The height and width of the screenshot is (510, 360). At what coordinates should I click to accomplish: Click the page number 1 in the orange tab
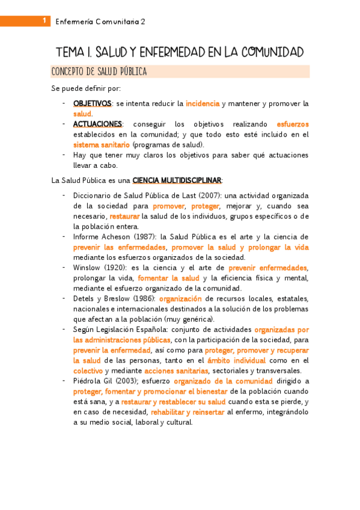44,21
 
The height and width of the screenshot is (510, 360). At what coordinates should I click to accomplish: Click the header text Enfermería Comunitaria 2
100,22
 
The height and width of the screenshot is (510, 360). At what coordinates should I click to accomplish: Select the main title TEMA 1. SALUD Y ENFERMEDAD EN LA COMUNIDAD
180,52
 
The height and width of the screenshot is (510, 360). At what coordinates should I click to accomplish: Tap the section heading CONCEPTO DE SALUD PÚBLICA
99,72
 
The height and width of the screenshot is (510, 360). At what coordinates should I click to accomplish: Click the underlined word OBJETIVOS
92,103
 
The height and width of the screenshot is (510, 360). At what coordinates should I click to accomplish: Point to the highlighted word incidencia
203,103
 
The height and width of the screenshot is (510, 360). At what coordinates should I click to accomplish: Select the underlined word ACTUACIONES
97,124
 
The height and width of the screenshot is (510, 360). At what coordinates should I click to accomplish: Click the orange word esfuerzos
293,124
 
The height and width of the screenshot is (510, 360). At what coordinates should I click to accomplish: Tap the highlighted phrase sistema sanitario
101,144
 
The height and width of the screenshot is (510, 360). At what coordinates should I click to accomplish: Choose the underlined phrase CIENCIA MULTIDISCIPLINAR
177,180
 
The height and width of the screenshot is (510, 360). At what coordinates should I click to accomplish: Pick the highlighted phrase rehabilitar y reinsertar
187,412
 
